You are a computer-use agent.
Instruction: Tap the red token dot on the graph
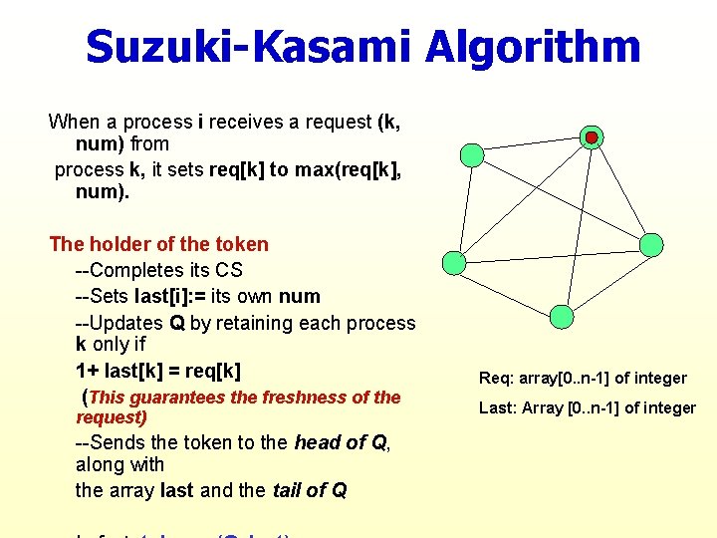pyautogui.click(x=592, y=136)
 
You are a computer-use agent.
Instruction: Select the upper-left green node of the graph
pyautogui.click(x=473, y=154)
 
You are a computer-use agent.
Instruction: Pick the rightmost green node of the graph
pyautogui.click(x=650, y=244)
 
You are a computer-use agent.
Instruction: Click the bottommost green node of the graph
pyautogui.click(x=563, y=317)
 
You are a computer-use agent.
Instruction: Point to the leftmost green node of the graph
pyautogui.click(x=453, y=263)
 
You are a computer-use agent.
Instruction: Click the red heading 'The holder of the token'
pyautogui.click(x=158, y=244)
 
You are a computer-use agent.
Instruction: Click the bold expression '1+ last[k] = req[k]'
pyautogui.click(x=158, y=371)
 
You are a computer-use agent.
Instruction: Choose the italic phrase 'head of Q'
pyautogui.click(x=341, y=443)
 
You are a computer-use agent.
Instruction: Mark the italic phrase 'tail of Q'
pyautogui.click(x=309, y=490)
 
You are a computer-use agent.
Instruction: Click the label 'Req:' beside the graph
pyautogui.click(x=496, y=379)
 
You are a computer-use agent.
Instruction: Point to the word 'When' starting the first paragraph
pyautogui.click(x=74, y=122)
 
